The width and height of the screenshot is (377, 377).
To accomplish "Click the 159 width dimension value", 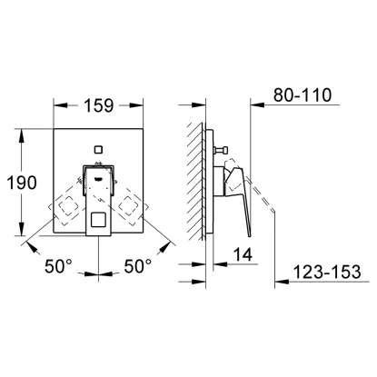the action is [99, 105].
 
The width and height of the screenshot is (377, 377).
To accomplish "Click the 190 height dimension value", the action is [22, 183].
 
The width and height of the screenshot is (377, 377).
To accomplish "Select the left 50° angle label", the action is [58, 266].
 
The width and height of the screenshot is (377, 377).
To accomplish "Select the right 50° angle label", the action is [138, 266].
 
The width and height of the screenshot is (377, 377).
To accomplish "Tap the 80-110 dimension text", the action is [303, 95].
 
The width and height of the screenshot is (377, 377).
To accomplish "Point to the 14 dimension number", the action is [243, 254].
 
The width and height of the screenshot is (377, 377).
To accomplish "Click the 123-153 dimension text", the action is [328, 272].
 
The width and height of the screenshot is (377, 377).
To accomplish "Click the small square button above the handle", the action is [98, 149].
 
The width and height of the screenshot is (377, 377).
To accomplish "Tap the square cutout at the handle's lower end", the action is [98, 219].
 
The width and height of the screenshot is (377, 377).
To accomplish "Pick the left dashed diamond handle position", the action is [68, 206].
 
